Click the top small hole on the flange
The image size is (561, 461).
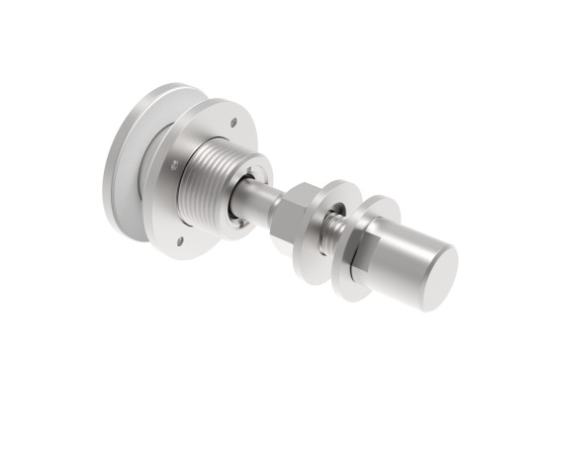(234, 124)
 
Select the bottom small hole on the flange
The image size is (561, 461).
(181, 238)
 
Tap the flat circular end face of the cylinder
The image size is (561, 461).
(433, 278)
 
